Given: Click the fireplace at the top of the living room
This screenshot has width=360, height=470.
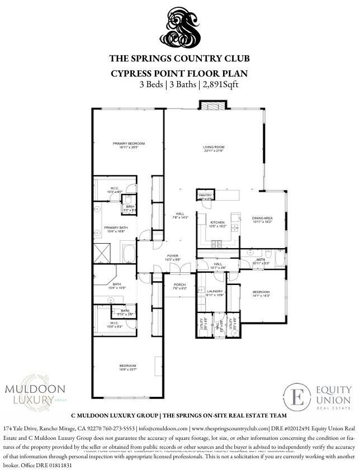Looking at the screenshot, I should tap(214, 106).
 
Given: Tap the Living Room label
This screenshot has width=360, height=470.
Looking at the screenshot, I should tap(213, 149).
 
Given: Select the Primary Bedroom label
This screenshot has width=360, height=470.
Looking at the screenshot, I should tap(125, 144).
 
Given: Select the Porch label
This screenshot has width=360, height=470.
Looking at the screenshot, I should tap(179, 286).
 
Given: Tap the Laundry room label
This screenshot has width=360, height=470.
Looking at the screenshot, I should tap(215, 292).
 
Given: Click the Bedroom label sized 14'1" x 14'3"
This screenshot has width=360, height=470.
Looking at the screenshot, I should tap(262, 293).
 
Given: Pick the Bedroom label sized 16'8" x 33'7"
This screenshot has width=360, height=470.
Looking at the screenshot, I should tap(127, 367).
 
